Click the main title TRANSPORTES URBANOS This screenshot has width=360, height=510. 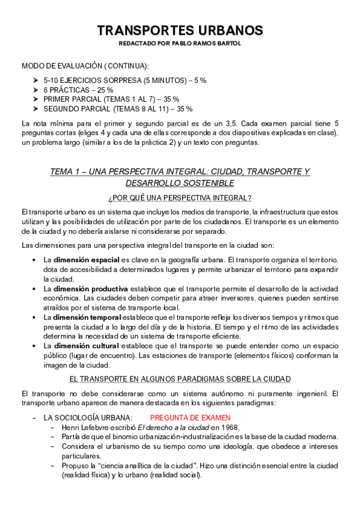pyautogui.click(x=180, y=30)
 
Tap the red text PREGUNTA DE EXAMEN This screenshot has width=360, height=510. pyautogui.click(x=190, y=417)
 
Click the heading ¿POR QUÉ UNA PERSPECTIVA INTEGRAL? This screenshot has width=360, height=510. pyautogui.click(x=180, y=198)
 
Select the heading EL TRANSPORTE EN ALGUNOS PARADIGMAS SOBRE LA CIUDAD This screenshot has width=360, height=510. pyautogui.click(x=180, y=378)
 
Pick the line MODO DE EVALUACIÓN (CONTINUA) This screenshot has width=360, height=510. pyautogui.click(x=85, y=65)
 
